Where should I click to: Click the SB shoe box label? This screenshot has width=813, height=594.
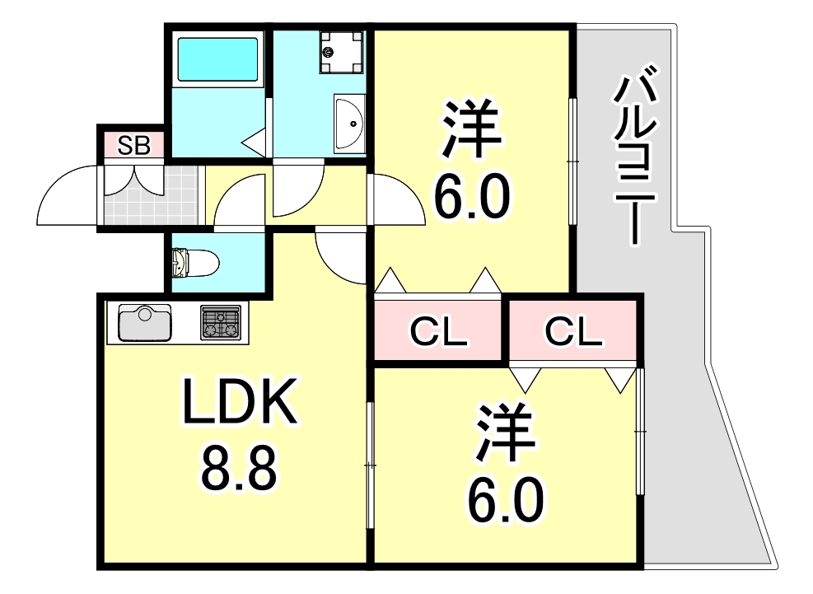133,146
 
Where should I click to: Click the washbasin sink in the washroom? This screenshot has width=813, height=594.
350,124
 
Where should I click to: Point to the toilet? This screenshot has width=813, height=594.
194,264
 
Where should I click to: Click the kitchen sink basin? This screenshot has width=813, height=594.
145,322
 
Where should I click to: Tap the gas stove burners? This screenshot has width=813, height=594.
221,322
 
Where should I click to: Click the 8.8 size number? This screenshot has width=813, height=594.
238,467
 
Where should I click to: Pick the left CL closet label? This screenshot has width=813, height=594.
439,332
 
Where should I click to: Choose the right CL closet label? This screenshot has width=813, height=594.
574,332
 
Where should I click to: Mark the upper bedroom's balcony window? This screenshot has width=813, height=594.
572,161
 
